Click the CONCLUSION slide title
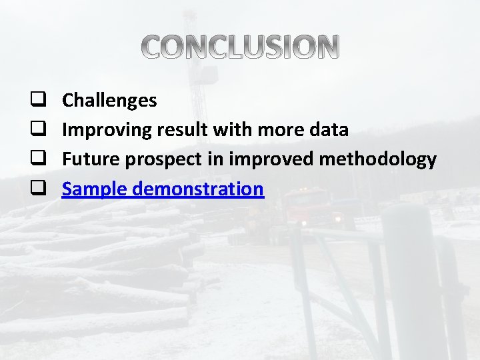pos(241,47)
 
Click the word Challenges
pos(109,101)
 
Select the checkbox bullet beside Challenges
pos(38,101)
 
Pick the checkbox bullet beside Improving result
pos(38,130)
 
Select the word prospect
pos(154,159)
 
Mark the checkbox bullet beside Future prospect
pos(38,159)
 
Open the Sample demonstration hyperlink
pos(163,189)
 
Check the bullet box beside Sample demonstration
pos(38,189)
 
